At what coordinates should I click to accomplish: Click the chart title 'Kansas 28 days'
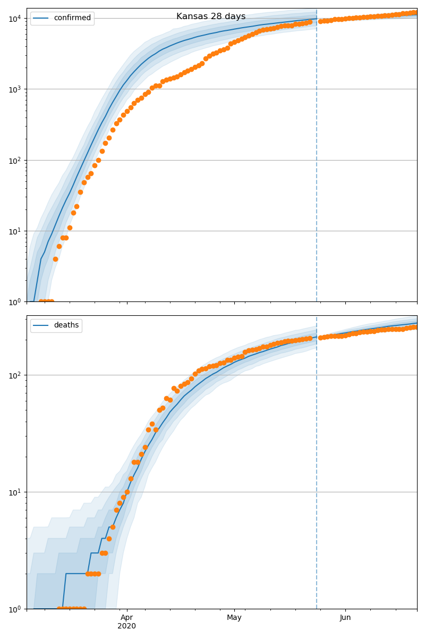tap(211, 16)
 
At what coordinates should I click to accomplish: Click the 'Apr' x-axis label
tap(126, 617)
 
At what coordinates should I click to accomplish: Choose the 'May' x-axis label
tap(234, 617)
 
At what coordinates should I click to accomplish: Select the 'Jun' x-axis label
tap(345, 617)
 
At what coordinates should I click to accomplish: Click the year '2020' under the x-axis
tap(126, 626)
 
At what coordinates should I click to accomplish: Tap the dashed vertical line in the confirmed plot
tap(317, 159)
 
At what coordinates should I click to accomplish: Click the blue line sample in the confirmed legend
tap(42, 18)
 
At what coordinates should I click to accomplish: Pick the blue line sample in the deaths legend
tap(42, 325)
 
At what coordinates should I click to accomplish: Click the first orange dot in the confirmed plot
tap(41, 301)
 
